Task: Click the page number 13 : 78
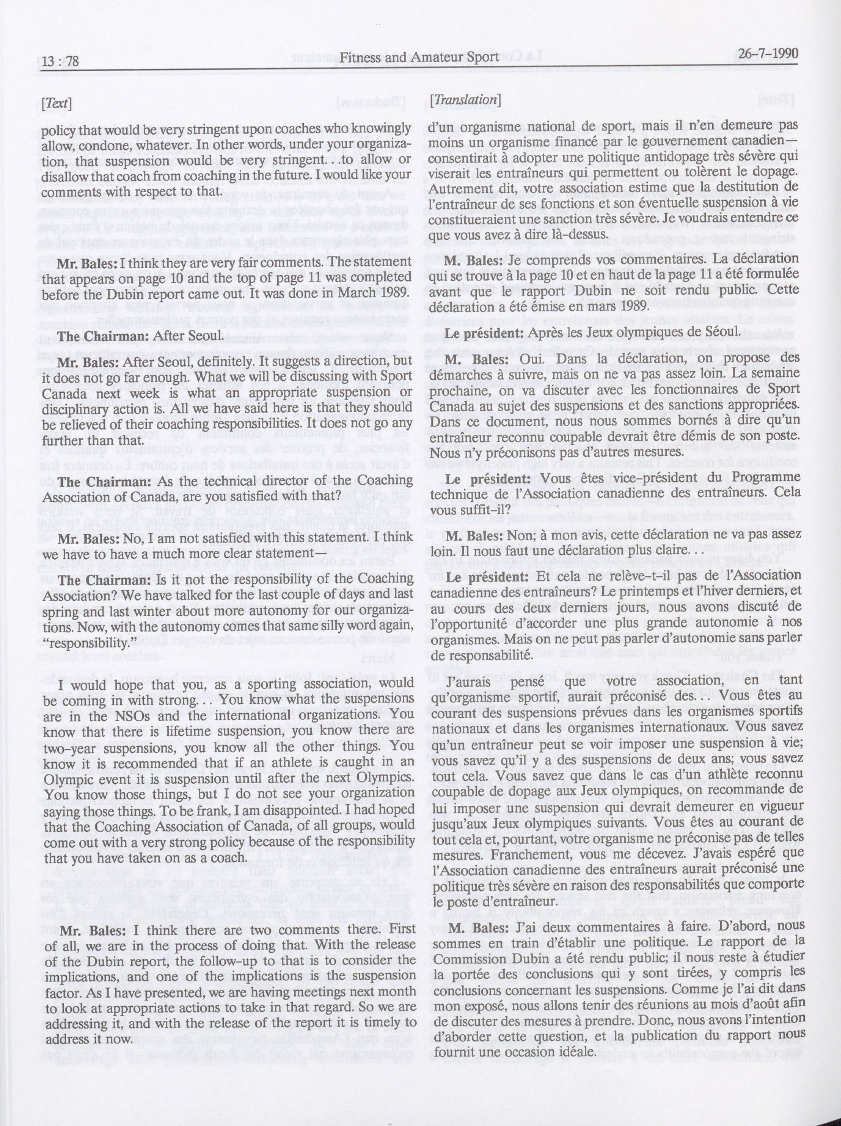pyautogui.click(x=60, y=62)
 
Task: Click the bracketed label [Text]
pyautogui.click(x=56, y=103)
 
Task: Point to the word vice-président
pyautogui.click(x=633, y=478)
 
